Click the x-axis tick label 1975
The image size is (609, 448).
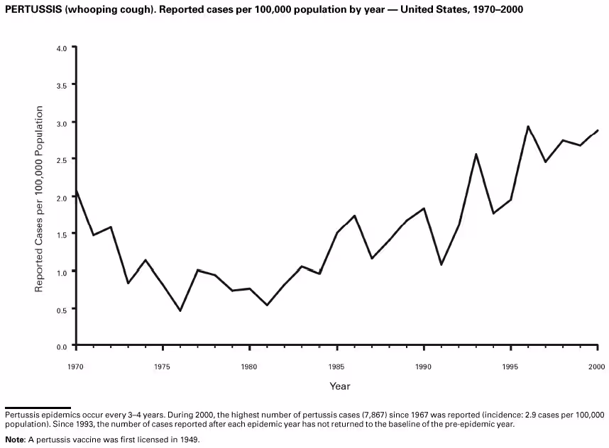[x=163, y=366]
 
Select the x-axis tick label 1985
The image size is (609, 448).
[x=336, y=366]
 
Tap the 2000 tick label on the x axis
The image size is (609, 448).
[x=598, y=366]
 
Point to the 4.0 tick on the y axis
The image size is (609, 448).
[x=61, y=48]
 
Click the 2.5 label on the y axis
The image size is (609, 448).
[x=61, y=160]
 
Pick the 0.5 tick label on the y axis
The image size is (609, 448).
[x=61, y=310]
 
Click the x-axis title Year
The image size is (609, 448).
[x=339, y=386]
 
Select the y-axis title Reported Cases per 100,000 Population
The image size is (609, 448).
[x=40, y=198]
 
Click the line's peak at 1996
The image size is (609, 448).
[x=528, y=126]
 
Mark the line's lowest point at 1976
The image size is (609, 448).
[x=180, y=310]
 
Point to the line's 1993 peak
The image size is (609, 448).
[x=476, y=154]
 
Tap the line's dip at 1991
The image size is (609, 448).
[x=441, y=264]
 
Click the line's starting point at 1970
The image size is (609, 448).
[x=76, y=190]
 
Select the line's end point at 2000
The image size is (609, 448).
[x=598, y=130]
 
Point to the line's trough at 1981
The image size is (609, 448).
[x=267, y=305]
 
